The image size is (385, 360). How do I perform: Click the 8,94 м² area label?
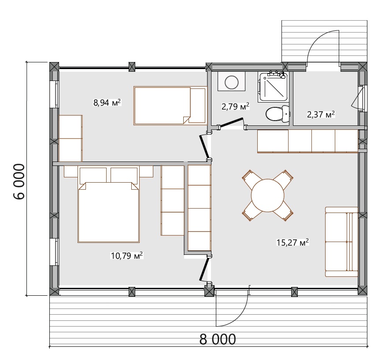click(107, 102)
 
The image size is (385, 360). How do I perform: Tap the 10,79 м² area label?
click(127, 256)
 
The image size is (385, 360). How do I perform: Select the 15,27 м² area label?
click(292, 242)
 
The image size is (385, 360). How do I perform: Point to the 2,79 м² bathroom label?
click(235, 107)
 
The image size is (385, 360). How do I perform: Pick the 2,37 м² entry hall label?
click(321, 114)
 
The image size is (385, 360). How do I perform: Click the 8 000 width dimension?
click(217, 339)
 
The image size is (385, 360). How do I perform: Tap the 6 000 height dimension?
click(19, 182)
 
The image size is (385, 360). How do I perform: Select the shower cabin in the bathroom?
click(273, 87)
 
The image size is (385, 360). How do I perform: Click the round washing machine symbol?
click(232, 82)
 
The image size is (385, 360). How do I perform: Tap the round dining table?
click(267, 195)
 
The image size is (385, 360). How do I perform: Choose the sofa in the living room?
click(341, 242)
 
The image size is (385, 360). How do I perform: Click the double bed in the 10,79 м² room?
click(108, 205)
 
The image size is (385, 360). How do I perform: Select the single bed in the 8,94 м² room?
click(170, 106)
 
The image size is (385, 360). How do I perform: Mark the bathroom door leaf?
click(231, 122)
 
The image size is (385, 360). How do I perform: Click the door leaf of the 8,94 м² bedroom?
click(204, 147)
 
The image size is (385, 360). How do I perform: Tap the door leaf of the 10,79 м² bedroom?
click(204, 269)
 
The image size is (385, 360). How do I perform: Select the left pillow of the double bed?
click(93, 175)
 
